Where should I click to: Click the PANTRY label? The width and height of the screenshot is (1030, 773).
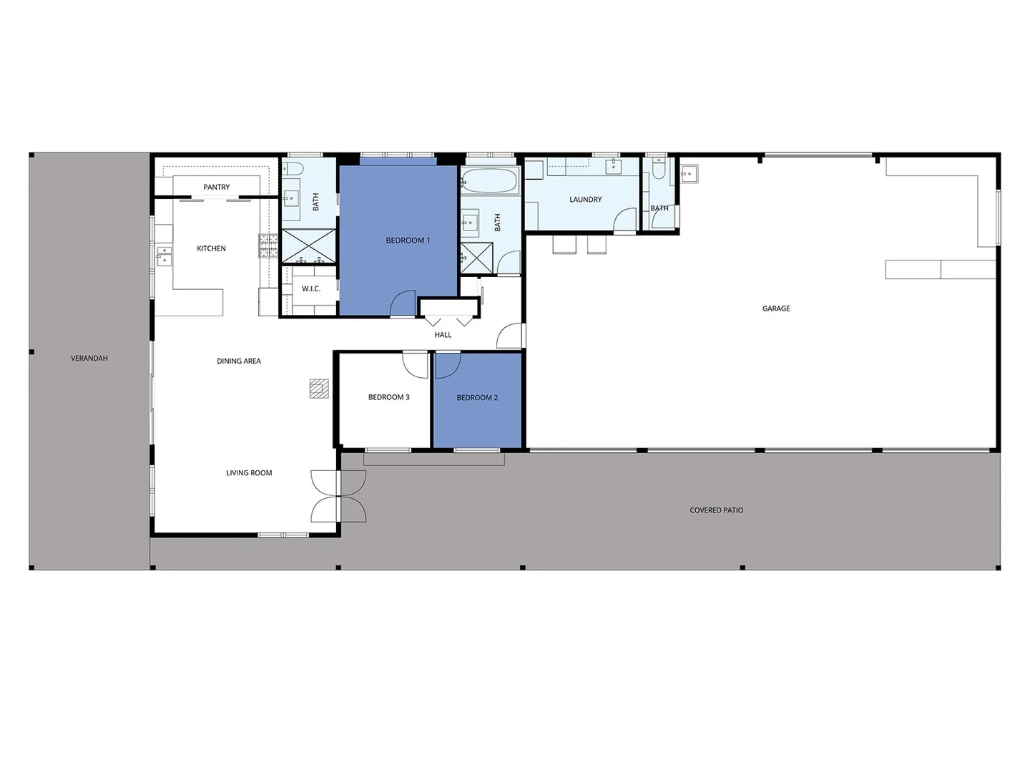pyautogui.click(x=216, y=188)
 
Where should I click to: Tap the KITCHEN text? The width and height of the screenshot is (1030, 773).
pyautogui.click(x=211, y=249)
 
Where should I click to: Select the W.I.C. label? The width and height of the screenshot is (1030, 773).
pyautogui.click(x=311, y=289)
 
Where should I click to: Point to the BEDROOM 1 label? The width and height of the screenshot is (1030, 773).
pyautogui.click(x=408, y=240)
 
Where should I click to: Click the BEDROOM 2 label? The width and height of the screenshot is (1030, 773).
pyautogui.click(x=477, y=398)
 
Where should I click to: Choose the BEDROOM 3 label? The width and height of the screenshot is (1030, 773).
pyautogui.click(x=388, y=397)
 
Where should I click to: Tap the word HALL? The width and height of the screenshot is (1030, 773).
pyautogui.click(x=443, y=335)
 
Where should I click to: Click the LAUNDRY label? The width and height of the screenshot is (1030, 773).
pyautogui.click(x=585, y=200)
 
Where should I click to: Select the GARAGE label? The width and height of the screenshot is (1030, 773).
pyautogui.click(x=776, y=308)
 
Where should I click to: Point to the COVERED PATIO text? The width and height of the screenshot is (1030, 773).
pyautogui.click(x=716, y=510)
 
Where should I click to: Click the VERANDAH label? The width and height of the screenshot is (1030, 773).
pyautogui.click(x=89, y=358)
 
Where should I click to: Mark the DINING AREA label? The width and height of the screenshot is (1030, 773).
pyautogui.click(x=239, y=361)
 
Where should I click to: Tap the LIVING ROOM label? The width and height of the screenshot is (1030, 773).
pyautogui.click(x=249, y=473)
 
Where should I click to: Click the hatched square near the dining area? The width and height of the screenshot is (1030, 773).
pyautogui.click(x=319, y=389)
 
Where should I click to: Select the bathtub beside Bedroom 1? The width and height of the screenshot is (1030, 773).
pyautogui.click(x=489, y=181)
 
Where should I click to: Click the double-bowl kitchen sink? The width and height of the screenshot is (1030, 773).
pyautogui.click(x=165, y=256)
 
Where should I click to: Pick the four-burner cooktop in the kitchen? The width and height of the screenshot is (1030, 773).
pyautogui.click(x=268, y=245)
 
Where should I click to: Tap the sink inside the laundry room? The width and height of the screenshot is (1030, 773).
pyautogui.click(x=614, y=167)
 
